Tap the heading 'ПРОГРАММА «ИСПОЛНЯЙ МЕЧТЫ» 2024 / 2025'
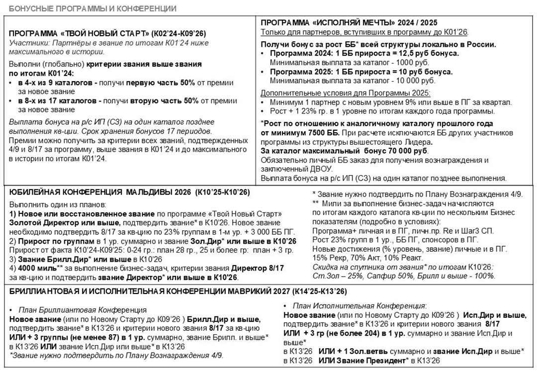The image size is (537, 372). (349, 23)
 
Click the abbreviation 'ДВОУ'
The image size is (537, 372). (317, 169)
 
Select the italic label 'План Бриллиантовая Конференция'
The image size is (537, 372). (82, 310)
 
